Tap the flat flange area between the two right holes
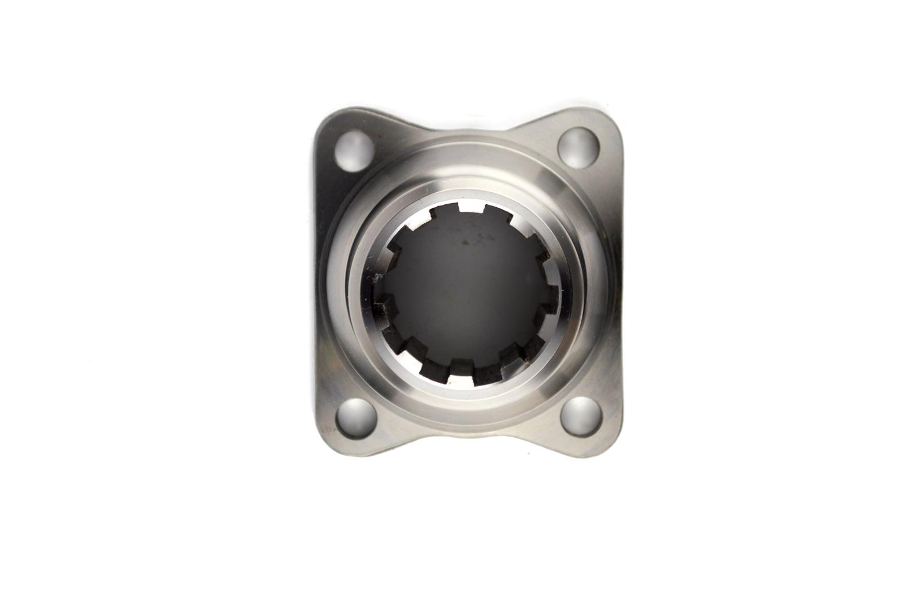point(612,282)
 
